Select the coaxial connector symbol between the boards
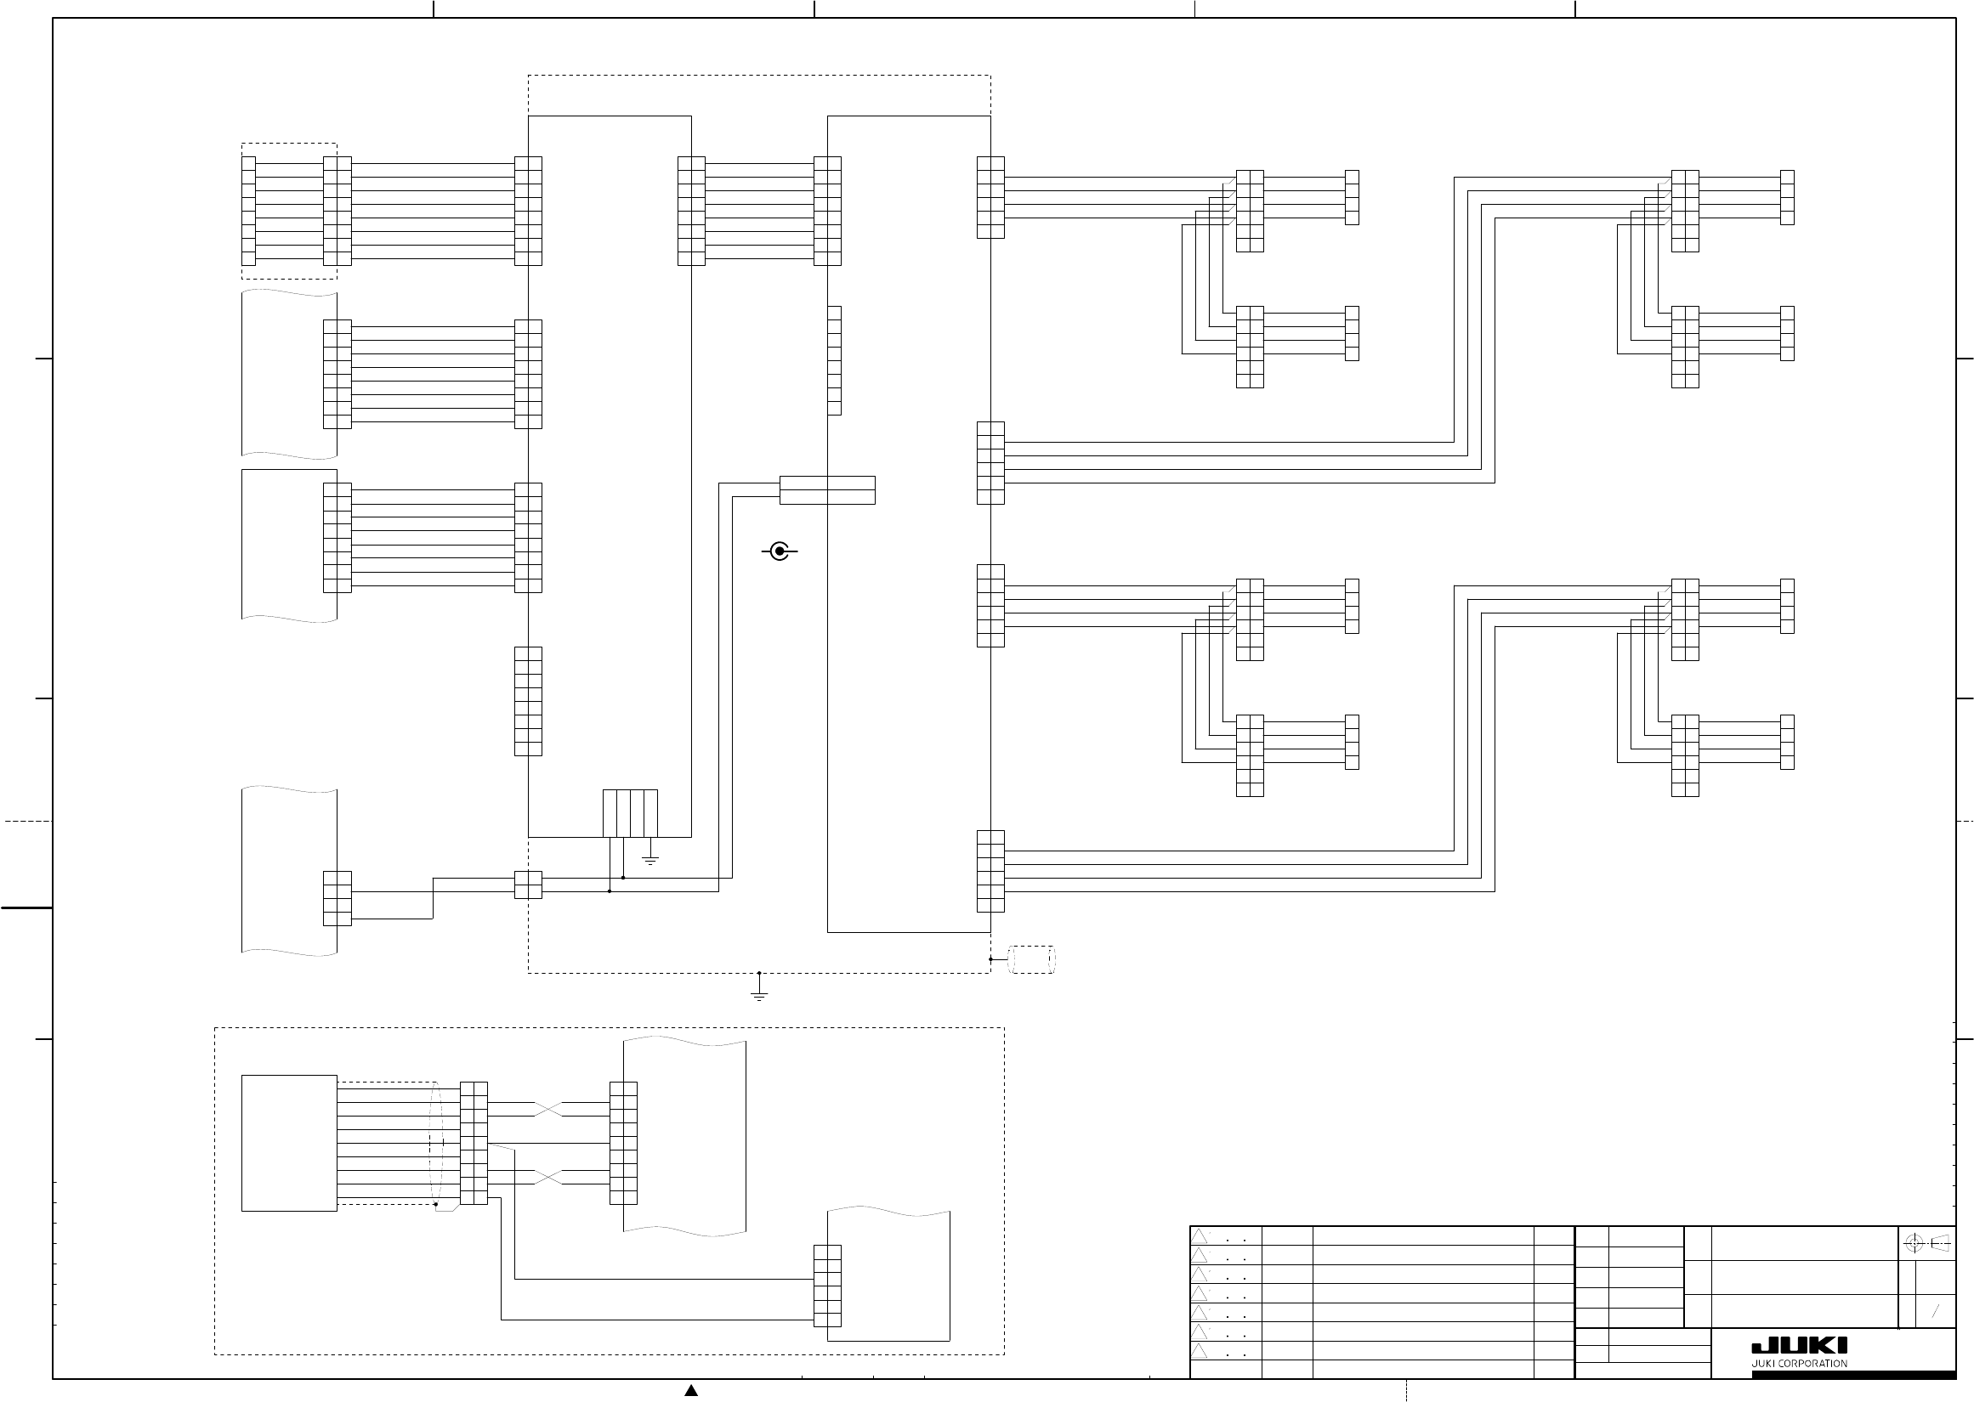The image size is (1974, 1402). coord(780,551)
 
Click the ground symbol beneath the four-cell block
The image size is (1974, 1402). coord(651,860)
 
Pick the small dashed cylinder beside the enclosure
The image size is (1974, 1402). coord(1033,959)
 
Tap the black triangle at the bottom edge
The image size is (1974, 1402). coord(691,1390)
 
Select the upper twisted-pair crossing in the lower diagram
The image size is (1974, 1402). coord(548,1110)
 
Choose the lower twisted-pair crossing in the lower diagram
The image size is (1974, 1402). coord(548,1178)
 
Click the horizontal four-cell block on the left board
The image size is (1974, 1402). coord(630,813)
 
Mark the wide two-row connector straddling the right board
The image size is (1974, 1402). coord(827,490)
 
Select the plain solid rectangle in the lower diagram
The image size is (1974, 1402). coord(289,1143)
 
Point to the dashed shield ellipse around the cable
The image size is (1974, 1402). coord(436,1143)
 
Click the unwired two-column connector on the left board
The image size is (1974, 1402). coord(529,701)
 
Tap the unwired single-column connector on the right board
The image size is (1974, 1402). coord(834,360)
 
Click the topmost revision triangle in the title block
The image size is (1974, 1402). coord(1200,1236)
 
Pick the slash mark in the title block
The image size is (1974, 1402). coord(1936,1311)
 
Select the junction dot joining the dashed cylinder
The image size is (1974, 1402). coord(990,959)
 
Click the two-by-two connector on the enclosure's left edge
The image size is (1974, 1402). coord(529,885)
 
